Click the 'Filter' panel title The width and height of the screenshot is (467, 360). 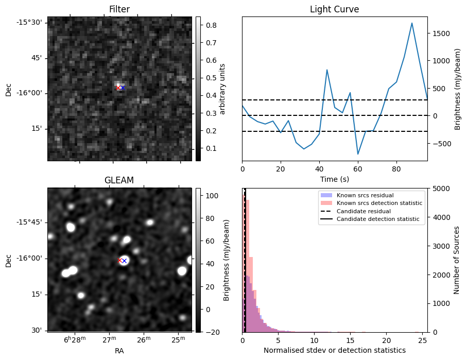click(119, 9)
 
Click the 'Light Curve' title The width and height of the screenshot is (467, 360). click(334, 9)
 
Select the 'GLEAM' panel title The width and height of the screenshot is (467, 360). click(119, 180)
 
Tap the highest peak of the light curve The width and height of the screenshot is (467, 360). click(412, 23)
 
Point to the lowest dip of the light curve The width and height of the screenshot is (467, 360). click(358, 154)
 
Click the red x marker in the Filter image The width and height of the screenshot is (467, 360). click(118, 88)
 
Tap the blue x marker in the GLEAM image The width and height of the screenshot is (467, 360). click(124, 261)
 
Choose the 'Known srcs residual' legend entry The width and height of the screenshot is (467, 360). click(365, 195)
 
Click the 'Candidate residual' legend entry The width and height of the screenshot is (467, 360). click(364, 211)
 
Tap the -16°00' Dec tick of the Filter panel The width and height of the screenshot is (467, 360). click(32, 93)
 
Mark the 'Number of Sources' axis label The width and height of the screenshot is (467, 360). click(456, 260)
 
